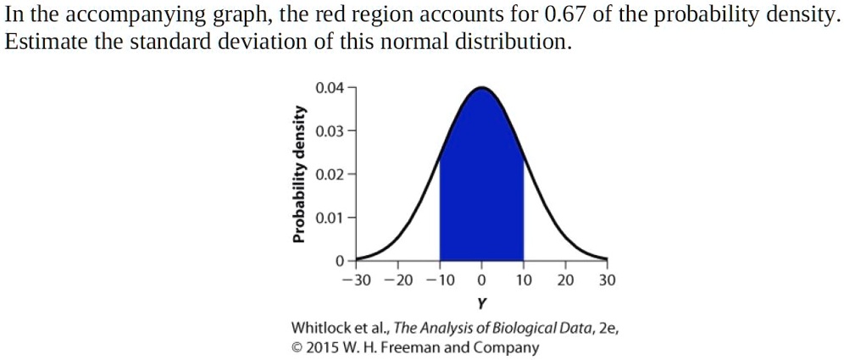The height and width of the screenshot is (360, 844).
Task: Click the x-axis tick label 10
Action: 524,280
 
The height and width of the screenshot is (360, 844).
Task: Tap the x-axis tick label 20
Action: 565,280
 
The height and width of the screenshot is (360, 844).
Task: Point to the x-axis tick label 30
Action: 607,280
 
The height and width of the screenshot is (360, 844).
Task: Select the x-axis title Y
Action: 481,302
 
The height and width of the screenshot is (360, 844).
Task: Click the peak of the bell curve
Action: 481,87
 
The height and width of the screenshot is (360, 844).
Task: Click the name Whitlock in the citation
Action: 323,328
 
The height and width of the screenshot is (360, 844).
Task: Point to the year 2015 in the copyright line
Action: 323,347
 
